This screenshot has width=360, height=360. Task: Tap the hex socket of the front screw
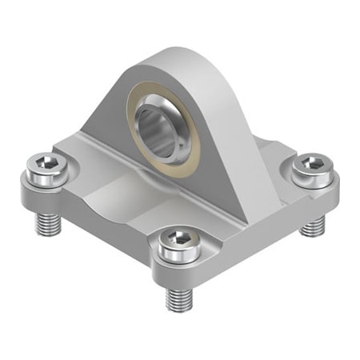pos(181,242)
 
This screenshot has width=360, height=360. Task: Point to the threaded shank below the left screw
pos(46,222)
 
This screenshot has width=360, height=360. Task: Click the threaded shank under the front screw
pos(178,298)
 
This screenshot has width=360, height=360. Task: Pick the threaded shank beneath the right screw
pos(313,226)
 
